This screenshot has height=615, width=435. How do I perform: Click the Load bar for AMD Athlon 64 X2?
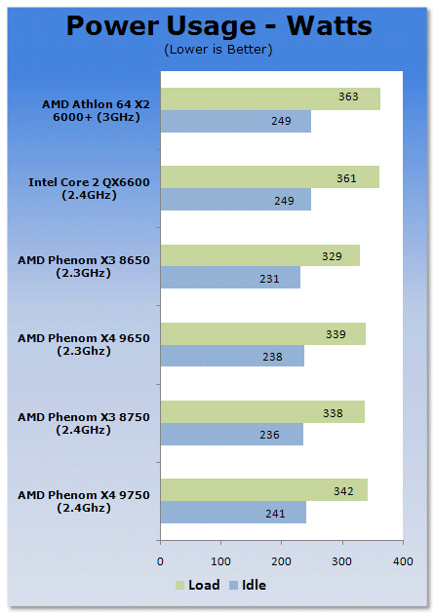[270, 98]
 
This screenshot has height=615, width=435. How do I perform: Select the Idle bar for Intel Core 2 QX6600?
[236, 199]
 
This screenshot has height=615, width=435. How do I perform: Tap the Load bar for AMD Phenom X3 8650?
[260, 255]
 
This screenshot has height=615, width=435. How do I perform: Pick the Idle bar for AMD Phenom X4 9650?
[232, 356]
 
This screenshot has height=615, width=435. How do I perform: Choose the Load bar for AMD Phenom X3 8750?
[262, 412]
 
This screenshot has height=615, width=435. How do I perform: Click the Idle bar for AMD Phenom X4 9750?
[234, 512]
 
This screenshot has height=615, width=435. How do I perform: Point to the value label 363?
[348, 96]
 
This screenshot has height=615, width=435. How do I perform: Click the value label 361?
[346, 178]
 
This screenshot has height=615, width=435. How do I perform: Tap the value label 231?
[269, 279]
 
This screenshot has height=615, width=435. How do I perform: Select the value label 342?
[343, 491]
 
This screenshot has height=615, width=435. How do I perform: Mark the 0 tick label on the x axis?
[160, 561]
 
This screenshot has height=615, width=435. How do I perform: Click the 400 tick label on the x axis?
[403, 561]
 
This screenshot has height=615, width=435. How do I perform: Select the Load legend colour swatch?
[179, 585]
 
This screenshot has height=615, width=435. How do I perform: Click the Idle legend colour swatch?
[234, 585]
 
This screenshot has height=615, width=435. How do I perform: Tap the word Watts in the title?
[329, 26]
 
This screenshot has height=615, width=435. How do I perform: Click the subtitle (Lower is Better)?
[218, 50]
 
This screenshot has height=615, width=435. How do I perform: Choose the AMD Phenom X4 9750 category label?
[84, 502]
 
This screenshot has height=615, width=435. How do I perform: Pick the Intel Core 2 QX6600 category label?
[89, 189]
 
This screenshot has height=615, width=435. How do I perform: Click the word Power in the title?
[113, 26]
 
